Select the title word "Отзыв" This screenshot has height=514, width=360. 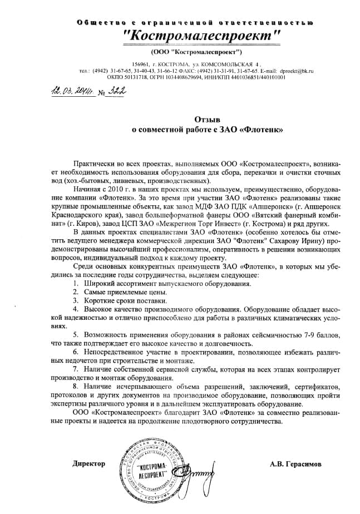point(207,119)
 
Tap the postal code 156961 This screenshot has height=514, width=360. point(142,65)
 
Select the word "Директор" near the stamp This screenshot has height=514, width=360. point(88,463)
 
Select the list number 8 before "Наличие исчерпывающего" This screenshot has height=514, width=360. point(75,385)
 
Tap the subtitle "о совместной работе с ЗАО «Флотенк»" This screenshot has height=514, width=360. point(207,130)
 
